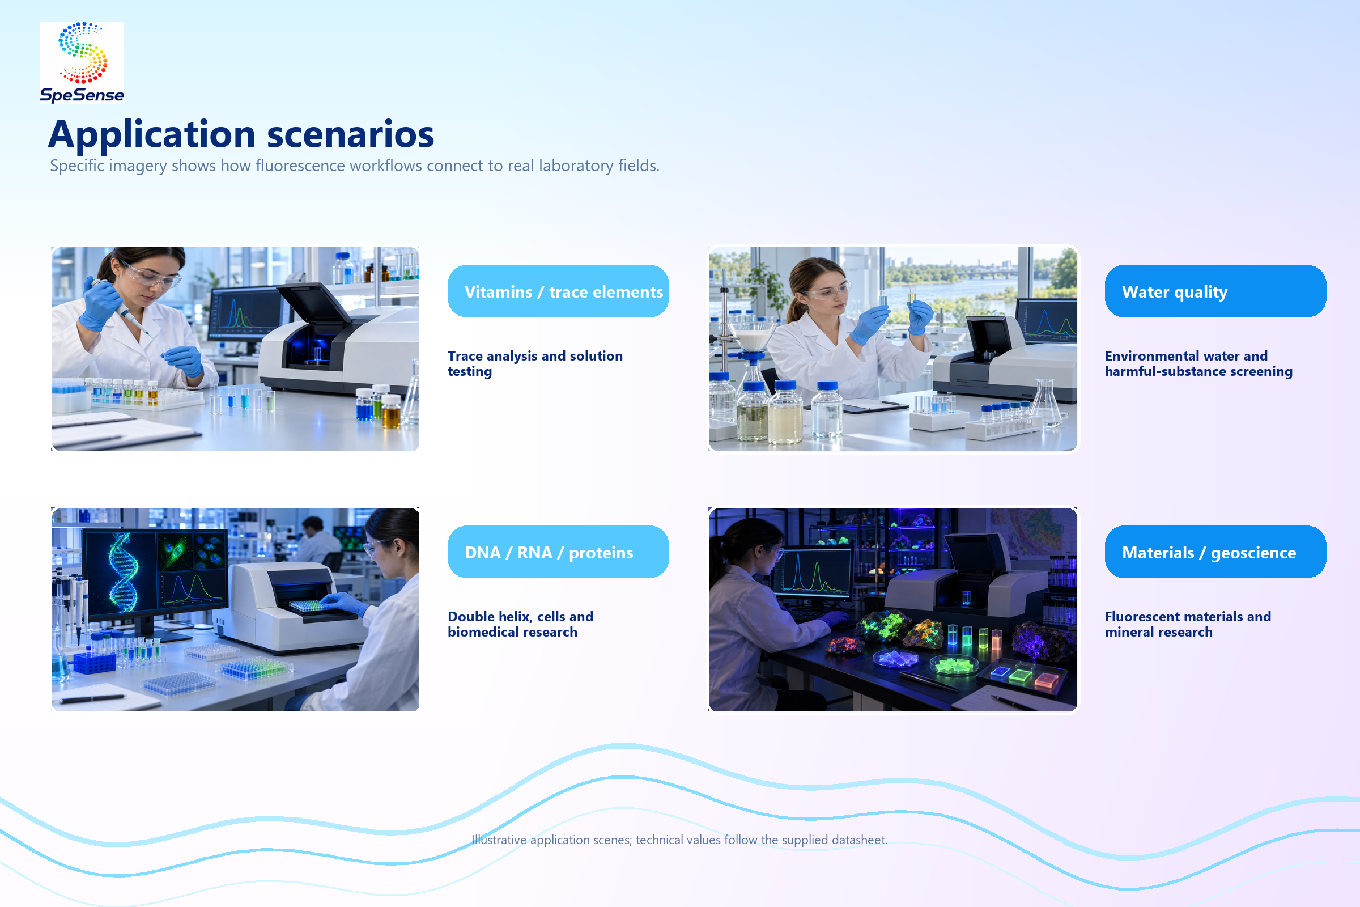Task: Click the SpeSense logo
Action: click(82, 62)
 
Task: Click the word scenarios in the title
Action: click(350, 134)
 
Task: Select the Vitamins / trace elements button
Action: click(558, 291)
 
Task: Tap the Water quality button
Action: click(1215, 291)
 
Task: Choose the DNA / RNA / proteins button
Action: click(558, 552)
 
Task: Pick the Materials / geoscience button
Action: click(1215, 552)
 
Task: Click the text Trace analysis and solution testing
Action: click(535, 363)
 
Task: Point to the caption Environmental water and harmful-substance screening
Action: click(1198, 363)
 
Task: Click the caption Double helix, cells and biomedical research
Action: click(520, 624)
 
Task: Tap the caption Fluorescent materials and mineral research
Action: click(1188, 624)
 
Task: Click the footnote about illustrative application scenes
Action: click(679, 840)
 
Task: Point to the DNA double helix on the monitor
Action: click(124, 573)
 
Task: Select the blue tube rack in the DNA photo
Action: click(94, 662)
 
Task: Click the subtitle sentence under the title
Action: click(355, 166)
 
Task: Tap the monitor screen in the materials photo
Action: click(813, 573)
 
